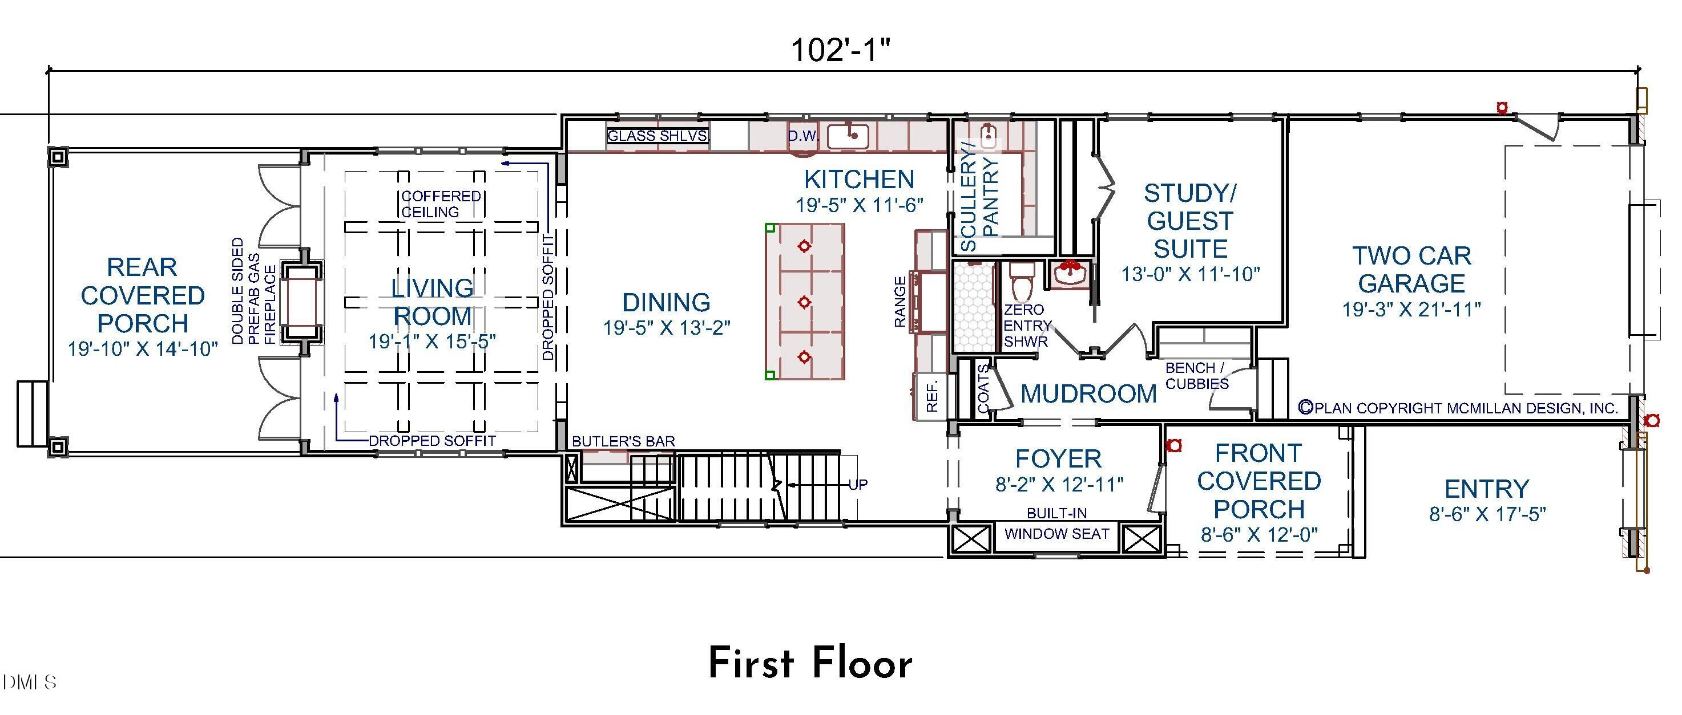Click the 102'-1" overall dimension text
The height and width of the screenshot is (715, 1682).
[x=840, y=50]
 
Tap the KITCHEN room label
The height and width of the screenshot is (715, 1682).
[x=858, y=180]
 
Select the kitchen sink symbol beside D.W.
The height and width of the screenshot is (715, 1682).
[x=848, y=137]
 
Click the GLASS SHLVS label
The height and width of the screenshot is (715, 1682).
[x=658, y=136]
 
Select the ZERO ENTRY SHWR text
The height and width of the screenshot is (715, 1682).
[x=1026, y=325]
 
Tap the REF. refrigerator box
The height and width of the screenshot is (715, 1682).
[x=933, y=395]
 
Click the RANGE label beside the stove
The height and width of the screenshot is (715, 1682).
[x=900, y=302]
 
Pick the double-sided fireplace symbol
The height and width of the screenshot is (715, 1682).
[x=301, y=302]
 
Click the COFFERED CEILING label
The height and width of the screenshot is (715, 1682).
[x=441, y=204]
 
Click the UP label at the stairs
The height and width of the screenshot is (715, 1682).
[x=857, y=485]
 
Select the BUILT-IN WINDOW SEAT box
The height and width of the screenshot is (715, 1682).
[x=1056, y=534]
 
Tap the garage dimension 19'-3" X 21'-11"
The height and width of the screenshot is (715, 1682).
[x=1411, y=310]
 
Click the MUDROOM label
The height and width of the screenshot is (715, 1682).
[x=1088, y=394]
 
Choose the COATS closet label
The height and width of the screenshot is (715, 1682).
[x=983, y=389]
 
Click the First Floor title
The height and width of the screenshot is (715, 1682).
[x=810, y=664]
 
